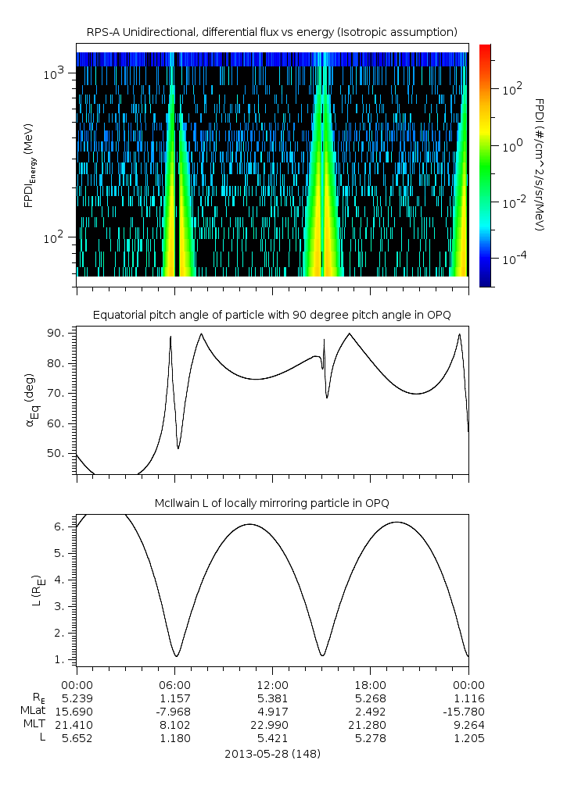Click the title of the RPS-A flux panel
271,32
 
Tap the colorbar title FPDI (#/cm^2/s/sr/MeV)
539,165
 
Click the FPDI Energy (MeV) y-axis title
29,165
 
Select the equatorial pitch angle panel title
271,315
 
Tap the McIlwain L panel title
271,502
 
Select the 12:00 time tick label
272,684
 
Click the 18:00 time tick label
370,684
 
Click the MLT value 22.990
272,723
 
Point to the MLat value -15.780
466,710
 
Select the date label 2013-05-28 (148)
272,754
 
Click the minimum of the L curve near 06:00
177,656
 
